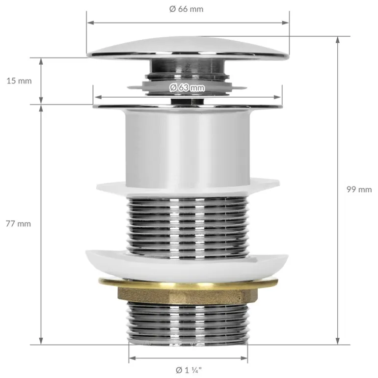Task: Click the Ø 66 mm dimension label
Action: pos(186,9)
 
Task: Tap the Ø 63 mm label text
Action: pos(187,87)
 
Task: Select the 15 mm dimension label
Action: pos(19,81)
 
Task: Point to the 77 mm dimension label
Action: pos(18,224)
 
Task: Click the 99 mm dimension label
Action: pos(359,189)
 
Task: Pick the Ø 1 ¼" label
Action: pos(189,370)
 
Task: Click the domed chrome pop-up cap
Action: pos(188,48)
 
